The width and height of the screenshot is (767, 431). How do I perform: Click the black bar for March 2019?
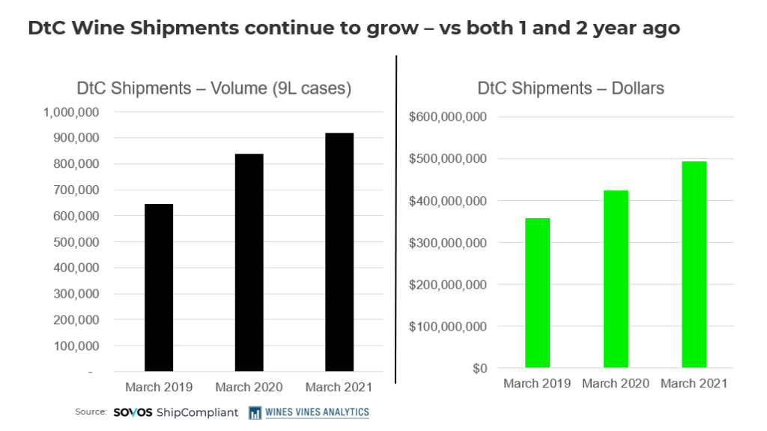click(x=159, y=288)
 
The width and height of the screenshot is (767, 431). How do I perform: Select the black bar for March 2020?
click(x=249, y=262)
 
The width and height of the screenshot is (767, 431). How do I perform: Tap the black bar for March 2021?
click(x=339, y=252)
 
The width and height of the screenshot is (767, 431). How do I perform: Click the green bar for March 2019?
click(x=537, y=293)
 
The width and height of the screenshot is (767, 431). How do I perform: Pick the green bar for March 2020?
click(x=616, y=279)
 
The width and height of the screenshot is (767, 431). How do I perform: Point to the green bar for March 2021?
click(x=694, y=265)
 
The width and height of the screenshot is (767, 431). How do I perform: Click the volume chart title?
click(x=214, y=88)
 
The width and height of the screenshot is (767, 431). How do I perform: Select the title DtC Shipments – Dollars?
click(x=571, y=88)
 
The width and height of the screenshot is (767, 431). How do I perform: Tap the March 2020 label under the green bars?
click(x=616, y=384)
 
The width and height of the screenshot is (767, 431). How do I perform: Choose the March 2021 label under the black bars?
click(x=339, y=388)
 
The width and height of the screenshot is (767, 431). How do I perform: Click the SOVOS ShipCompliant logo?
click(x=175, y=412)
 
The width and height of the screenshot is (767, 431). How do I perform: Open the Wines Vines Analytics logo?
click(x=309, y=412)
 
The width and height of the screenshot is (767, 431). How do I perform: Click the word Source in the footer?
click(x=91, y=412)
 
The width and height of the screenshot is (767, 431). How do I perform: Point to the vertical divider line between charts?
click(x=396, y=217)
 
